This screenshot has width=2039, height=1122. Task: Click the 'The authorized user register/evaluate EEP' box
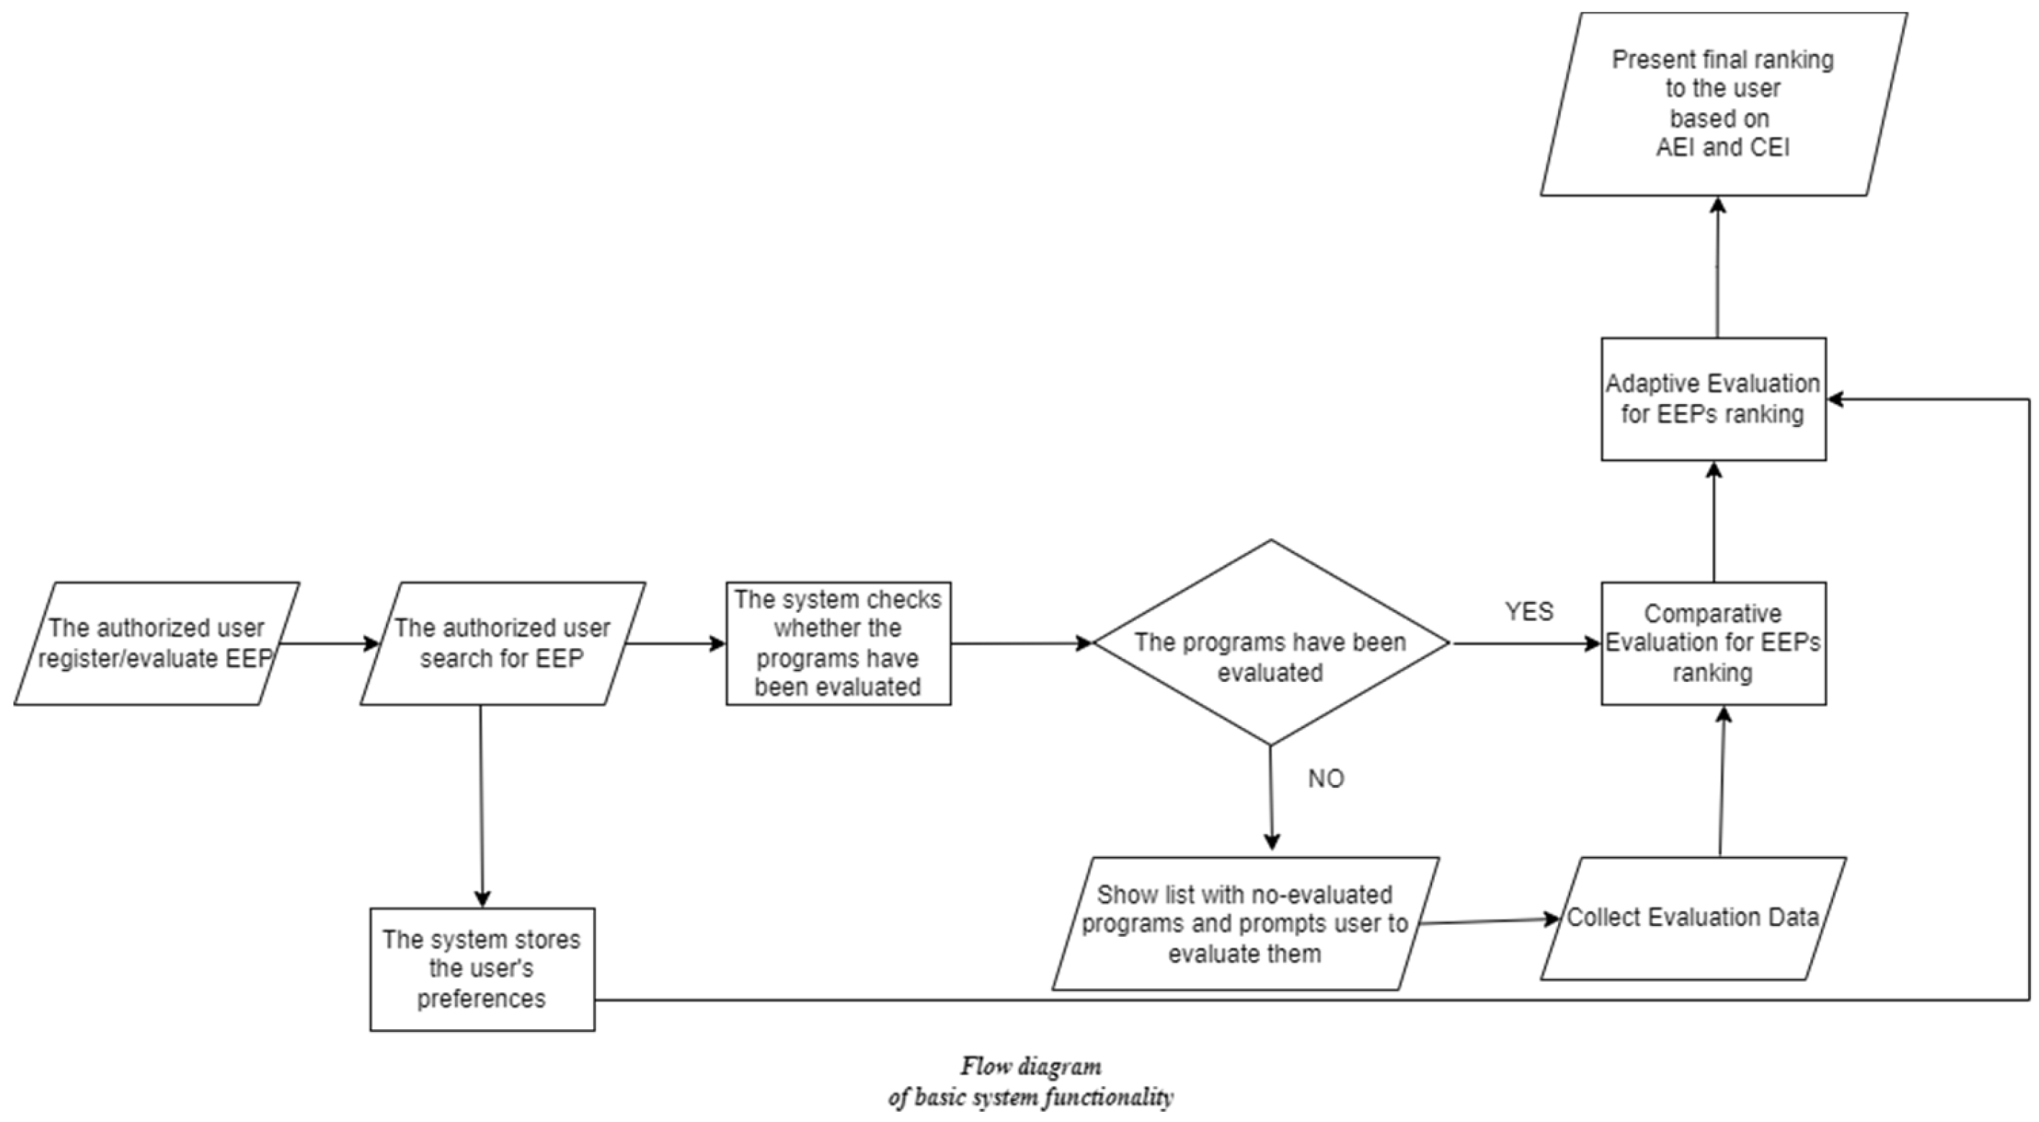156,643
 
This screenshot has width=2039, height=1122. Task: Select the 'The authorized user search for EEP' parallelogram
502,643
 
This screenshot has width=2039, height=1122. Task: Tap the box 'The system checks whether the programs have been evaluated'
838,643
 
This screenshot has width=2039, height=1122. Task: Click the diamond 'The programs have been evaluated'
1271,643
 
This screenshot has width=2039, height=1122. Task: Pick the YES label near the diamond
1529,611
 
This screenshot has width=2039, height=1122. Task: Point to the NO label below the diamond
1325,779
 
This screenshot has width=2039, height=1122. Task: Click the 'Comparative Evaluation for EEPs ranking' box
1713,643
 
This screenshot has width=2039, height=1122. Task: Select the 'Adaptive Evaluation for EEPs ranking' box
1713,399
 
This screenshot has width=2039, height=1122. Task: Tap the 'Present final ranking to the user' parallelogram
1722,104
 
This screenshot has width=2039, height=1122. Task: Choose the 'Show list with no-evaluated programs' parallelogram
1244,923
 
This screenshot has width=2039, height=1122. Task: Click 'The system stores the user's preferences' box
482,969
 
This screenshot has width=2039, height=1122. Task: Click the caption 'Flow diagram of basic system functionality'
1030,1082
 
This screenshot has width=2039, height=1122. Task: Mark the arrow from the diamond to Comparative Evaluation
1523,643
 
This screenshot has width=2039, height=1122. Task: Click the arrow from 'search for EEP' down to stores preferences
481,804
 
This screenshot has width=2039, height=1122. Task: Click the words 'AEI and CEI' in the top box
1722,148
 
